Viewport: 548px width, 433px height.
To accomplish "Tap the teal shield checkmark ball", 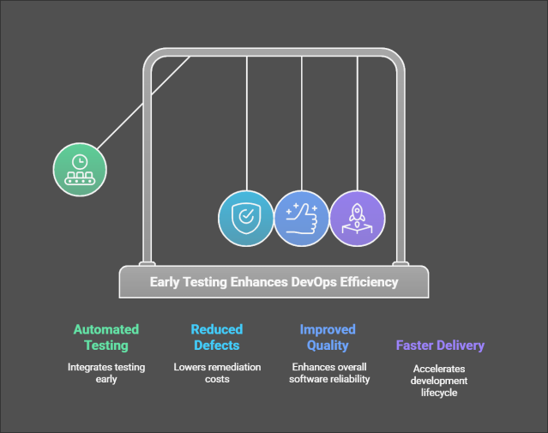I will (246, 219).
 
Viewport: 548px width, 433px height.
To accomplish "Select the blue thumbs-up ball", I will (301, 219).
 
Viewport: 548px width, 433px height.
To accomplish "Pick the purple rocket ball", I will (357, 219).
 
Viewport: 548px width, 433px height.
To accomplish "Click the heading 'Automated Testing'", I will (106, 337).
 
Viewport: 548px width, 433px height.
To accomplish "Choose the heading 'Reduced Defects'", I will (216, 337).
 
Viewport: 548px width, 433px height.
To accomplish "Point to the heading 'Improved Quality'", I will (327, 337).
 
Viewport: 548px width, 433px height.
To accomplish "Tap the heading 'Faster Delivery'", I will (440, 346).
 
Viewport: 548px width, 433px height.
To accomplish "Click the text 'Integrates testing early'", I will (106, 373).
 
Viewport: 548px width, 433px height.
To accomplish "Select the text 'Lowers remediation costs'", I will (216, 373).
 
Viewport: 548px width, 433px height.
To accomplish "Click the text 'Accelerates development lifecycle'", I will (440, 380).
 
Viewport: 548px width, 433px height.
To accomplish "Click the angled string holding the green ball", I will (142, 102).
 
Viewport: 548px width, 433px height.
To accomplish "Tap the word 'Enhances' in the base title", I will (260, 281).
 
